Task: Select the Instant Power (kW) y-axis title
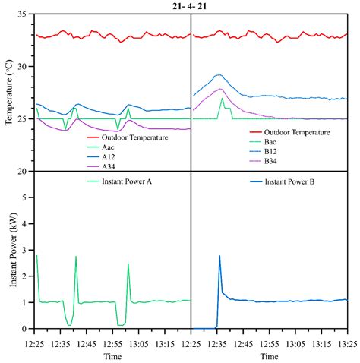[9, 251]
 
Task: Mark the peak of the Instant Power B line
[219, 256]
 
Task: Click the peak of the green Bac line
[222, 98]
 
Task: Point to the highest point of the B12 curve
[219, 74]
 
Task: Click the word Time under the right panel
[268, 355]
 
